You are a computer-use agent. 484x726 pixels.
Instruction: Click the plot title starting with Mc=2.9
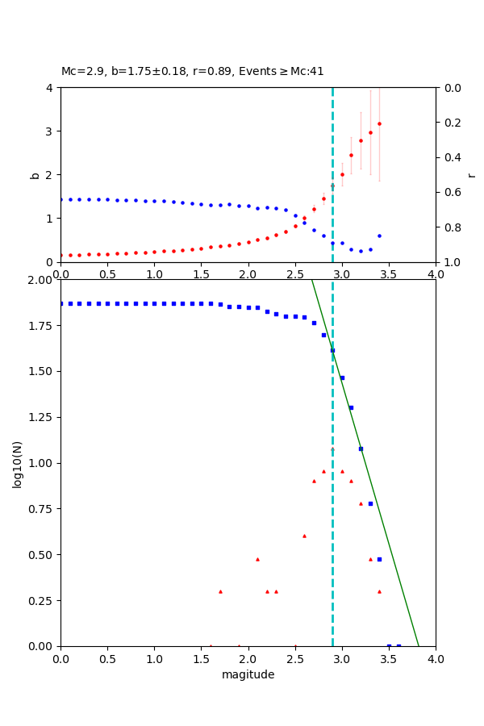pos(192,71)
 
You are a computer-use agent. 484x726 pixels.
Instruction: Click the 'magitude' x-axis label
pos(248,674)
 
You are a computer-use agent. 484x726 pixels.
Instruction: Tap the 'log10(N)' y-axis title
pos(18,463)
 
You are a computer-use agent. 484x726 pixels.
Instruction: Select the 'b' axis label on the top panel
pos(35,174)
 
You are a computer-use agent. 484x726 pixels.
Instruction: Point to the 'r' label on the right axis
pos(472,174)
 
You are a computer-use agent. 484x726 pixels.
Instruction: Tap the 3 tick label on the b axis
pos(50,131)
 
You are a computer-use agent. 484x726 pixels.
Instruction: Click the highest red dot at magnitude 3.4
pos(379,123)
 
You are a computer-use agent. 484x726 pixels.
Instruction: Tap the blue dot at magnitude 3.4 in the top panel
pos(379,236)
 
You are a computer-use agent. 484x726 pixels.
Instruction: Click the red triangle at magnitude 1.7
pos(220,591)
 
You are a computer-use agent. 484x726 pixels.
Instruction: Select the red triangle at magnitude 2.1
pos(257,559)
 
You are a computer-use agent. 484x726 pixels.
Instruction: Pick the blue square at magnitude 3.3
pos(370,503)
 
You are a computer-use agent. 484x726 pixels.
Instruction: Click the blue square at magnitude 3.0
pos(342,378)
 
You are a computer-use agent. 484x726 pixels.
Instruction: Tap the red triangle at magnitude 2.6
pos(304,536)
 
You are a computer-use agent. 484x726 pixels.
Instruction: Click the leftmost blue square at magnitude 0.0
pos(61,303)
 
